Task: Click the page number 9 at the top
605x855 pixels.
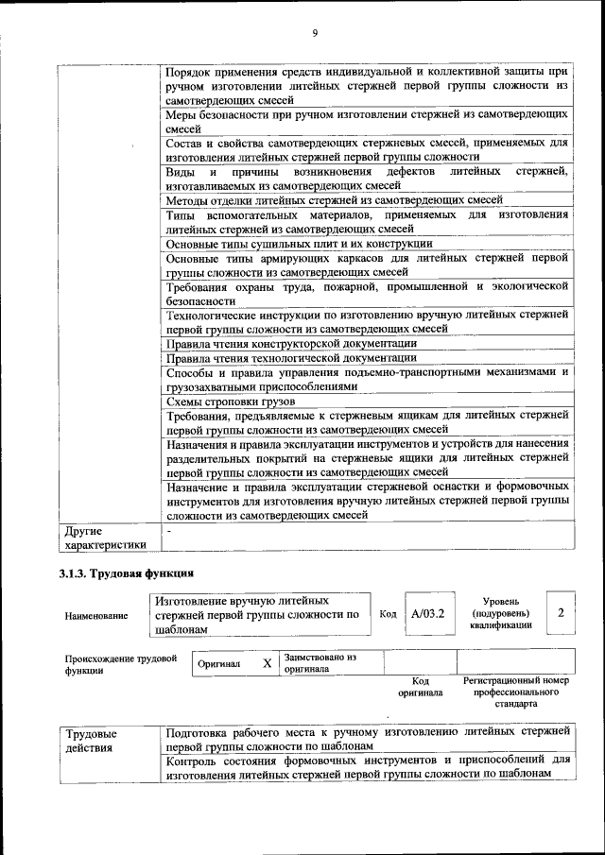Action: click(x=315, y=34)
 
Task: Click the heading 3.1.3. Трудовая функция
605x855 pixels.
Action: click(x=126, y=573)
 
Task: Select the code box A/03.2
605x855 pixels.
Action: click(x=427, y=613)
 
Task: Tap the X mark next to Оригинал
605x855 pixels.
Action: click(x=268, y=663)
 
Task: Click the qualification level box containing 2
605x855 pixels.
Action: click(x=561, y=613)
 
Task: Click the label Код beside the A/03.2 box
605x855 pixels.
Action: click(x=388, y=613)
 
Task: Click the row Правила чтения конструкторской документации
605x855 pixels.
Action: click(x=290, y=343)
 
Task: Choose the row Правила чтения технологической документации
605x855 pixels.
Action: click(x=290, y=357)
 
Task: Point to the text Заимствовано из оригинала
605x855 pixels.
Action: click(x=320, y=662)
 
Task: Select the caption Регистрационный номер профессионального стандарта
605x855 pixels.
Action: click(x=516, y=692)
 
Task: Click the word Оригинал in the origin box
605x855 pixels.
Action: click(x=218, y=663)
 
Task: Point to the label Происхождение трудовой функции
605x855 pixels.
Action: click(x=121, y=663)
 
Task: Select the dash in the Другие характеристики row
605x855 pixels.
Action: click(x=168, y=531)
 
